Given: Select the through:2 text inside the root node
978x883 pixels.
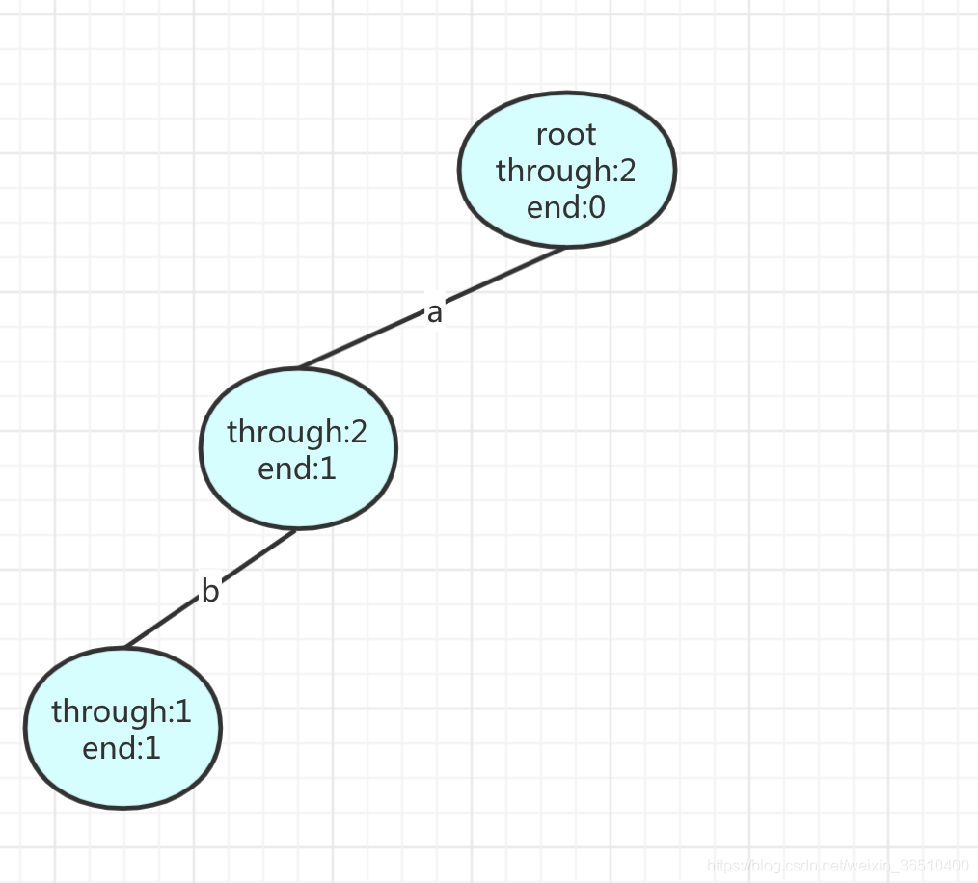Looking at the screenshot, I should (x=566, y=170).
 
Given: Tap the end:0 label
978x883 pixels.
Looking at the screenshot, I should (x=566, y=206).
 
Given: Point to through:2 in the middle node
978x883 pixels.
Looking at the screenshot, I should (x=297, y=431).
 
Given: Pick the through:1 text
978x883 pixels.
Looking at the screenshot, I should (x=122, y=711).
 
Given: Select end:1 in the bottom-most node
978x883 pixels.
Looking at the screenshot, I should (x=122, y=748).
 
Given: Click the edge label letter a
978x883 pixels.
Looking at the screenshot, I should (x=434, y=312).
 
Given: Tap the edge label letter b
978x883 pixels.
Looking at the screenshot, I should (x=210, y=591).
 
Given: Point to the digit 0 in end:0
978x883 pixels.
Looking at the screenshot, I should (x=596, y=206).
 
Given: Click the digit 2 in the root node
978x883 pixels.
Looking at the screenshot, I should (x=628, y=170).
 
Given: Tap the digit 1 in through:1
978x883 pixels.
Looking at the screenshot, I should (x=183, y=711).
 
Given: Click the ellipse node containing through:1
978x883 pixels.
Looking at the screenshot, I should (x=122, y=781).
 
